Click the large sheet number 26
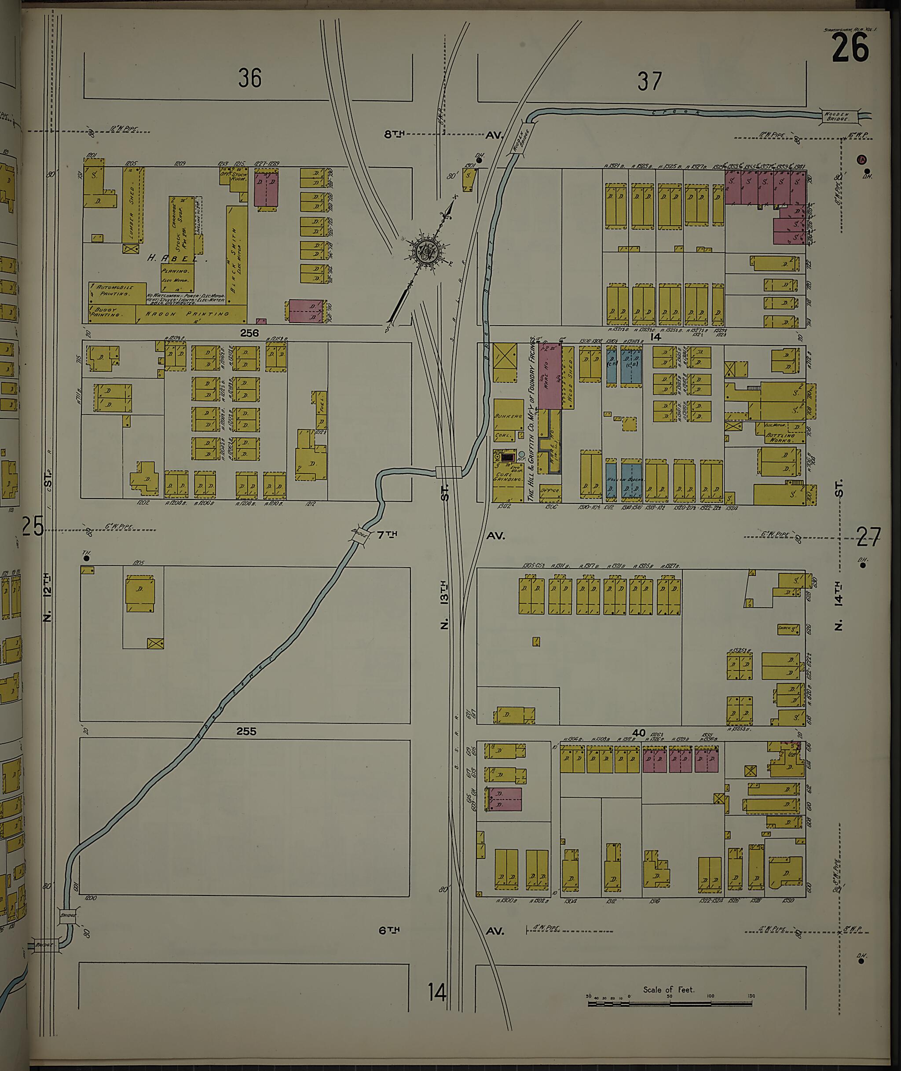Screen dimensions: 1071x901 click(850, 49)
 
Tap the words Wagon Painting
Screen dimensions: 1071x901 click(187, 314)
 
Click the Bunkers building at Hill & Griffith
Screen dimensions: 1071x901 click(508, 416)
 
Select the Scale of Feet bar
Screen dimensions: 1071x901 click(670, 1003)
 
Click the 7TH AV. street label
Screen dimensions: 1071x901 click(388, 535)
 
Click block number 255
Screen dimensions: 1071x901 click(246, 731)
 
